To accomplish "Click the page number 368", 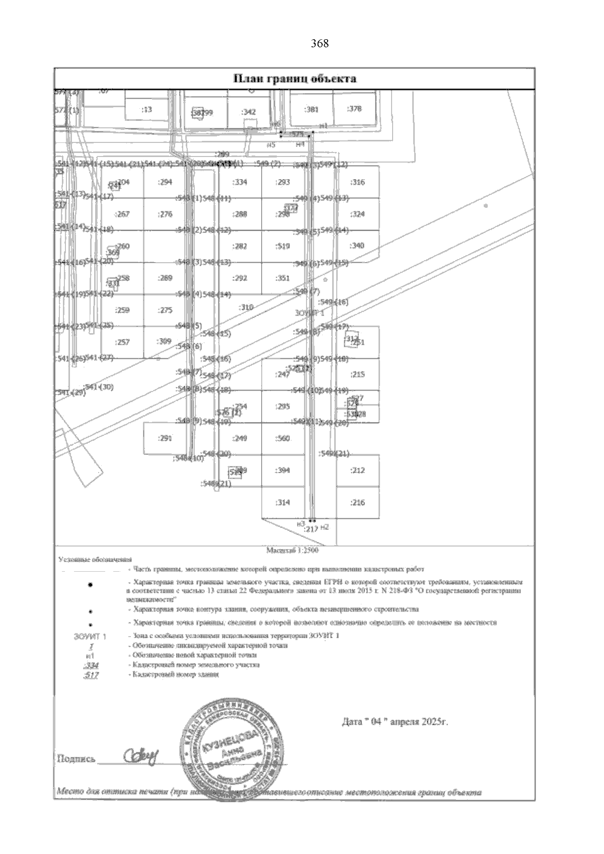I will click(320, 44).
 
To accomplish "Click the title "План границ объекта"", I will click(294, 79).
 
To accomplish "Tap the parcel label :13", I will click(147, 109).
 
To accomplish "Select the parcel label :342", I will click(249, 112).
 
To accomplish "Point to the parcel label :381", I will click(312, 109).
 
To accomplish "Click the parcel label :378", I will click(354, 109).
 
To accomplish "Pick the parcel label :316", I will click(357, 182).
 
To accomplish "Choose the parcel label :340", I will click(357, 246).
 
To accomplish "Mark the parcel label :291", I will click(165, 438).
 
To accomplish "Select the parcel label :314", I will click(283, 502).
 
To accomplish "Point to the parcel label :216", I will click(357, 502).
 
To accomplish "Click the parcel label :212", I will click(357, 470).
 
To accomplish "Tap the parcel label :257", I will click(122, 342).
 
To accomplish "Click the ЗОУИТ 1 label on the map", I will click(309, 313).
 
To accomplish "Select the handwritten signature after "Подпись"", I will click(140, 755).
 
